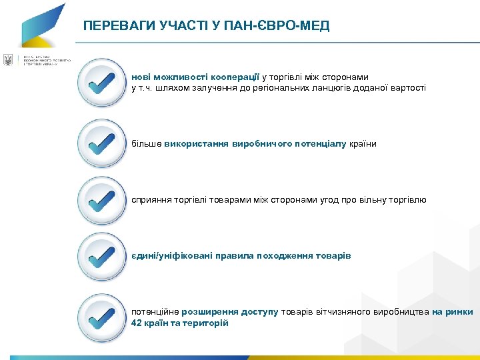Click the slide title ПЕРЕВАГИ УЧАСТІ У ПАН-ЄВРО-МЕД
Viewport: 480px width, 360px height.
[x=206, y=26]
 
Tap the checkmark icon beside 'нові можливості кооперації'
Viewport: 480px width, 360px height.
[x=101, y=83]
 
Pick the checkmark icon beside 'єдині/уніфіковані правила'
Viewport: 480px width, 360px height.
[x=101, y=256]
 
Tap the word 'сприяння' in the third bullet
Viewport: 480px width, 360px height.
[x=151, y=200]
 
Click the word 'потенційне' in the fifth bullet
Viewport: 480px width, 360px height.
[x=154, y=312]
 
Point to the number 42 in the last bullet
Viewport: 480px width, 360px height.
[x=137, y=323]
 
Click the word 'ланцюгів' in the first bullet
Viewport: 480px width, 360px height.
[x=321, y=88]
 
